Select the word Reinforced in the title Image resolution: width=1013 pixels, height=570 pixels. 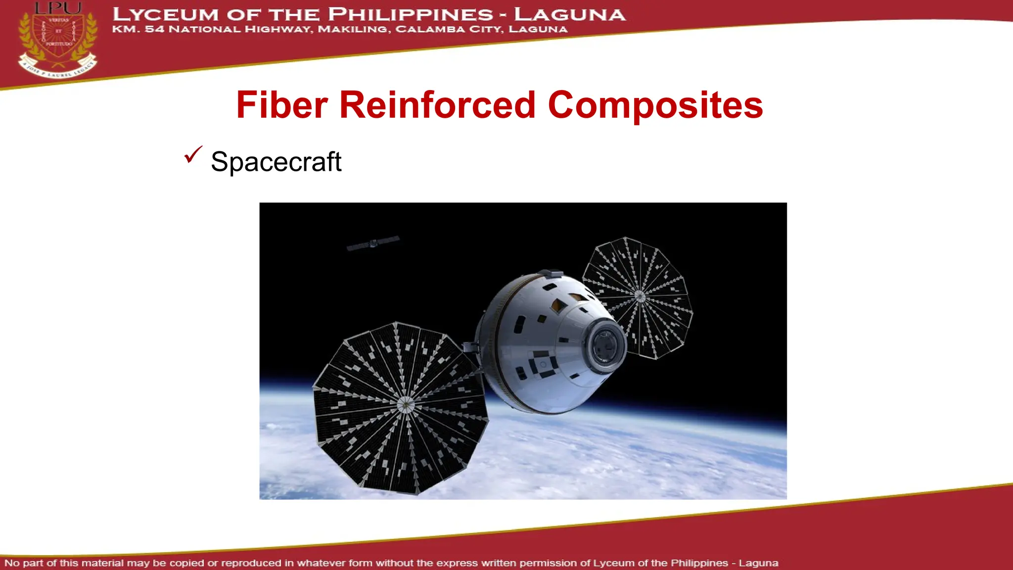pos(437,105)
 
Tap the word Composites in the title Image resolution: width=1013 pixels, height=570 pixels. pos(655,105)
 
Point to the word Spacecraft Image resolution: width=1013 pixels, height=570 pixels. pos(276,162)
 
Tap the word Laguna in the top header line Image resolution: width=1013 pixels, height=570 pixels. pos(570,14)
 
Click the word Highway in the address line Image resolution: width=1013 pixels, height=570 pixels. pos(278,29)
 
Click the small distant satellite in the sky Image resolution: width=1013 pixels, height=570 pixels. pos(373,243)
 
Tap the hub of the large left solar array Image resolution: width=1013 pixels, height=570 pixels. pos(406,404)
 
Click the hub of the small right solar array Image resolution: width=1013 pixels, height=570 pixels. pos(640,296)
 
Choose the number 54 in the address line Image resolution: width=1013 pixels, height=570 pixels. pos(154,29)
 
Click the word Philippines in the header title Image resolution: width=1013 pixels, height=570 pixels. pos(410,14)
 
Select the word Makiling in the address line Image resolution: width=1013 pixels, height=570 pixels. pos(353,29)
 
